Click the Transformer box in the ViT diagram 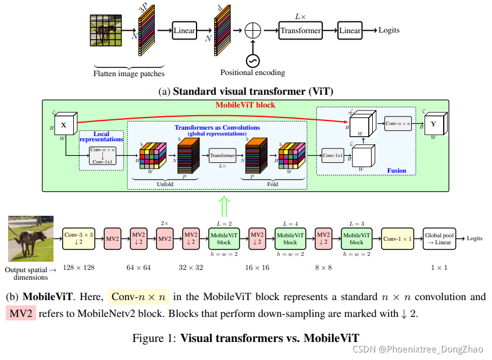point(300,30)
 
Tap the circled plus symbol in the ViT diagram point(253,30)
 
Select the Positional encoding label point(252,73)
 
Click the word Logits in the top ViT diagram point(388,30)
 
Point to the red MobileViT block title point(245,105)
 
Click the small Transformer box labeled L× point(222,155)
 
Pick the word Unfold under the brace point(165,184)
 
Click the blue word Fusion point(397,170)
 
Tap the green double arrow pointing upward point(224,206)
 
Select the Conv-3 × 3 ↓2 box point(79,238)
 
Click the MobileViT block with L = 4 point(290,238)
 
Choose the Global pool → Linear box point(439,238)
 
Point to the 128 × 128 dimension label point(78,268)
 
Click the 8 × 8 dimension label point(323,268)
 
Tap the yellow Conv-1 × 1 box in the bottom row point(398,238)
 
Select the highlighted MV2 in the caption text point(21,313)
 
